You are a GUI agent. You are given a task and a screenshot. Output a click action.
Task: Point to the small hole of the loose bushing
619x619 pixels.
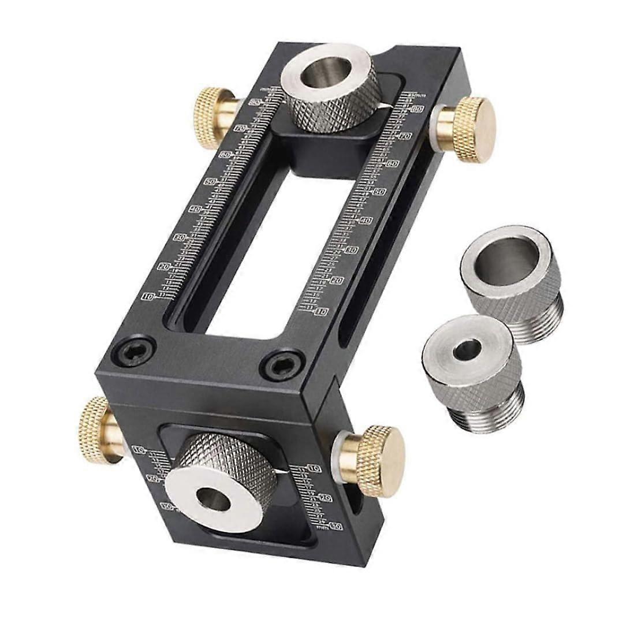(x=467, y=349)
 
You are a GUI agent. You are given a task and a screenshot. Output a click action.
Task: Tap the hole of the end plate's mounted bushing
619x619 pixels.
(x=213, y=498)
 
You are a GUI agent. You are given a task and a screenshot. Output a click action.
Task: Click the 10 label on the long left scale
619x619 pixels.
(x=148, y=297)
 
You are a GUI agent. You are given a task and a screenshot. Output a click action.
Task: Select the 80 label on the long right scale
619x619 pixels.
(x=417, y=110)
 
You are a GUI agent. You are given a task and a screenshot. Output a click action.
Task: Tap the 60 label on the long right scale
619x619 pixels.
(x=393, y=164)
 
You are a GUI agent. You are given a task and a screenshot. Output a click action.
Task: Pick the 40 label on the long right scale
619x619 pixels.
(x=365, y=220)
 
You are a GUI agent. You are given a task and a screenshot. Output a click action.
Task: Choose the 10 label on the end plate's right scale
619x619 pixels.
(x=314, y=468)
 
